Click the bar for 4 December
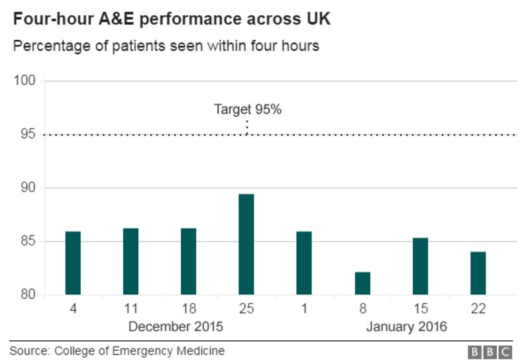point(73,263)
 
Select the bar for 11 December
point(131,261)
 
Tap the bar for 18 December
point(188,261)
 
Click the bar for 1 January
point(304,263)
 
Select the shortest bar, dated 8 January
point(362,283)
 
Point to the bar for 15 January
point(420,266)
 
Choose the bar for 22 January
point(478,273)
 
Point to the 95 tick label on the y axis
point(28,135)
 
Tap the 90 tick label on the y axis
point(28,188)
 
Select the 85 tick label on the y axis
point(28,241)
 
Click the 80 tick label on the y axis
point(28,295)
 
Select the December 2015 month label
point(176,327)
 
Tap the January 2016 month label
point(406,327)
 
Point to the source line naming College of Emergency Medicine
point(117,351)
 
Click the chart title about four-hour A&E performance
point(172,19)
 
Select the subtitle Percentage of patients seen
point(166,46)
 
